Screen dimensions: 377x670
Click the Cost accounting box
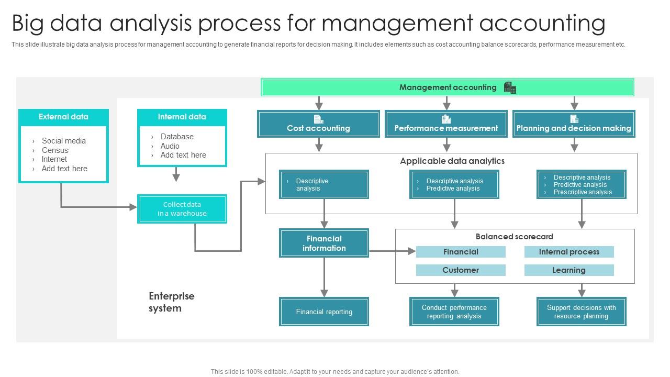coord(318,124)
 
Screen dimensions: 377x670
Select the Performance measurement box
coord(446,124)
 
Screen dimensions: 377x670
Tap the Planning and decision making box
coord(574,124)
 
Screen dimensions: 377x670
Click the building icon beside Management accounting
coord(510,87)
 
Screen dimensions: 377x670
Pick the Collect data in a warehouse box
coord(182,209)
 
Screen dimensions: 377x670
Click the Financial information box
coord(324,243)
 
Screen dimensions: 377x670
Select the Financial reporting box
coord(324,312)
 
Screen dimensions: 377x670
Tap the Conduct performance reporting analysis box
coord(454,312)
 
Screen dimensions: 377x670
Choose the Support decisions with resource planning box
coord(581,312)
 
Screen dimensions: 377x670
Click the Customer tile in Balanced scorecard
coord(461,270)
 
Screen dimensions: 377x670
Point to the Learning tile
coord(569,270)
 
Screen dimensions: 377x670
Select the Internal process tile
coord(569,252)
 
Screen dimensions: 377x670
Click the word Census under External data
coord(55,150)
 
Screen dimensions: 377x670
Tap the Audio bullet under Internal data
coord(170,146)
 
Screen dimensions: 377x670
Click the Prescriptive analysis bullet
coord(583,192)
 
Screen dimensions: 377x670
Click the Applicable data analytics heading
coord(452,161)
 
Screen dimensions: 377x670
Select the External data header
coord(63,117)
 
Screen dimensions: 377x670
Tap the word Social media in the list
coord(64,141)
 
